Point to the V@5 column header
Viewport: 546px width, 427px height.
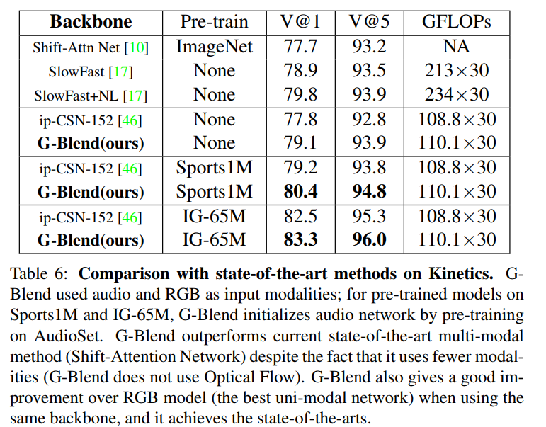click(x=369, y=22)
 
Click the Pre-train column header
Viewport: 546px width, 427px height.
click(x=214, y=22)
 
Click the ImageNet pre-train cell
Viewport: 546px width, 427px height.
click(x=214, y=47)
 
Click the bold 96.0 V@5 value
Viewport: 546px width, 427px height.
click(x=369, y=240)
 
